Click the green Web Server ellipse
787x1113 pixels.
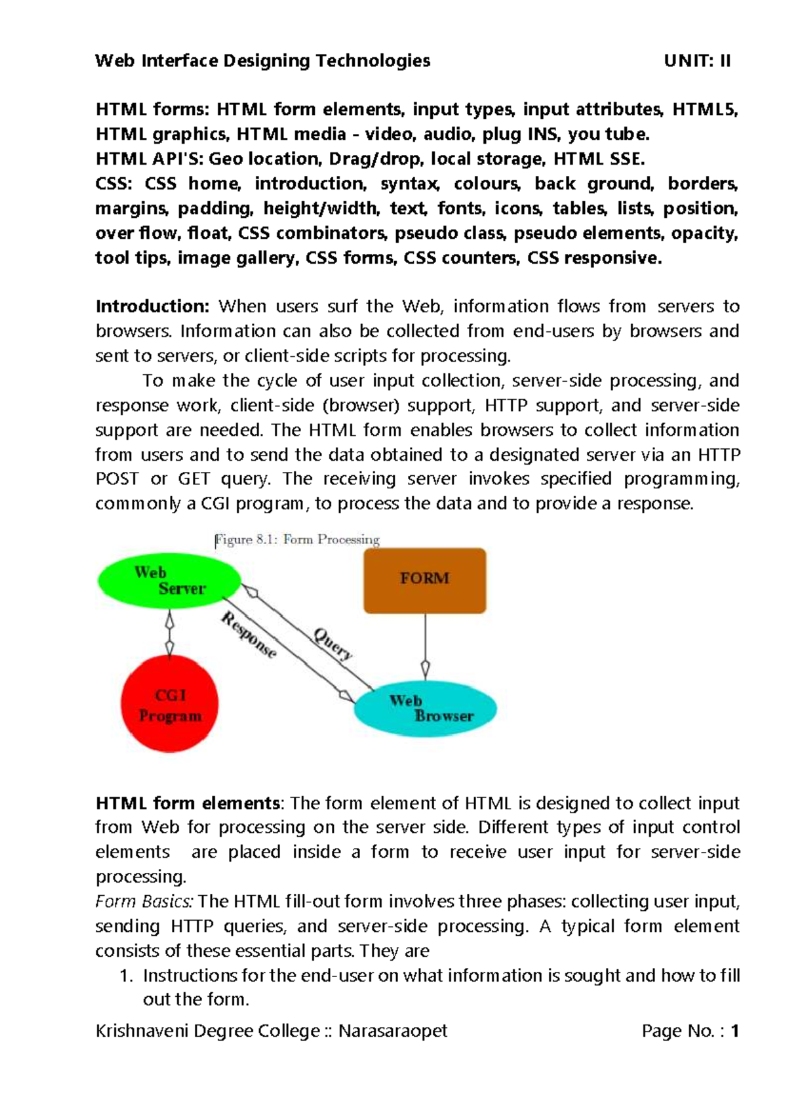click(169, 581)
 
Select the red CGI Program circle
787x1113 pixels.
click(169, 704)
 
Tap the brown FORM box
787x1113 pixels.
click(425, 580)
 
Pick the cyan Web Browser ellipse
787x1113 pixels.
click(426, 709)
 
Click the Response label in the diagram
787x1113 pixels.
click(249, 635)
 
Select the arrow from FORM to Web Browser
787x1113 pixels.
click(426, 643)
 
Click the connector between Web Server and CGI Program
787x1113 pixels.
click(170, 633)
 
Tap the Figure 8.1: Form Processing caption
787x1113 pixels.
click(298, 539)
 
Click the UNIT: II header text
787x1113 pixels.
click(697, 61)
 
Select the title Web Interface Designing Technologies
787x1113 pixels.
click(262, 61)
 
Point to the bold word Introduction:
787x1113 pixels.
click(152, 306)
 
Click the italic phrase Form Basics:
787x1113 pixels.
click(144, 901)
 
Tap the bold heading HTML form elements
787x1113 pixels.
click(188, 803)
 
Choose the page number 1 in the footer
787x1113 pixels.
click(735, 1031)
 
